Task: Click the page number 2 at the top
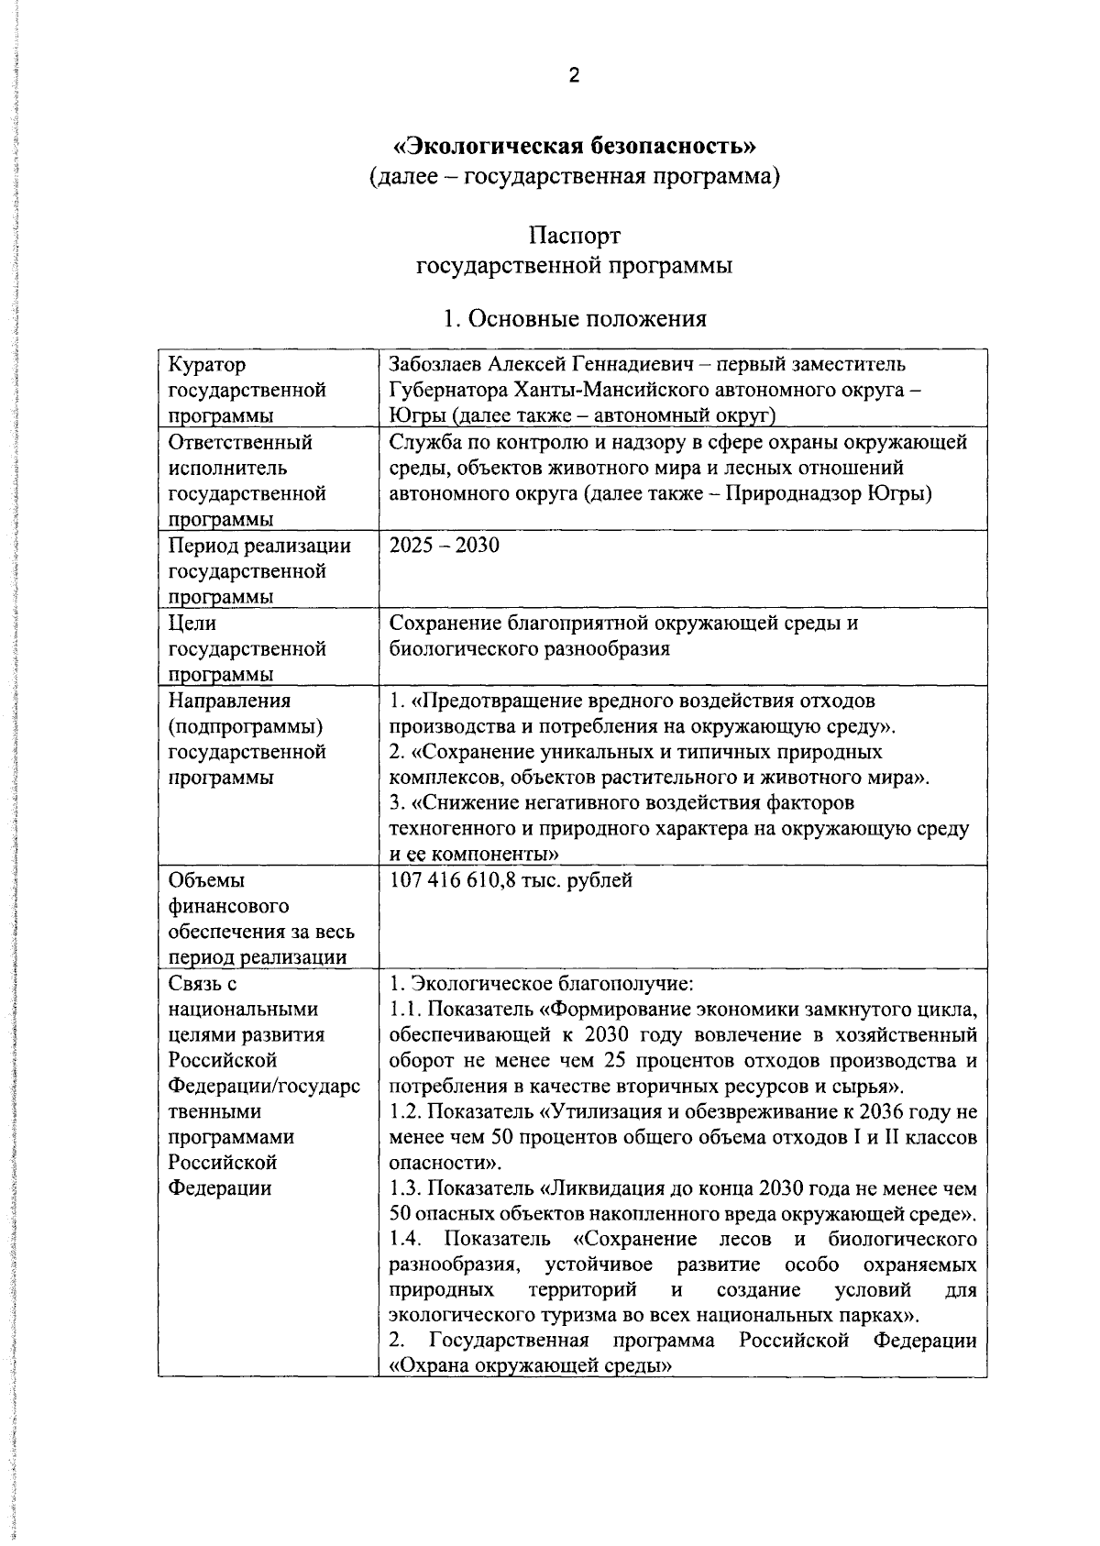tap(574, 76)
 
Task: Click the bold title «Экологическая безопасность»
tap(575, 146)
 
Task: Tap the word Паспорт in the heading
tap(575, 237)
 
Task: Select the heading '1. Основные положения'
tap(575, 318)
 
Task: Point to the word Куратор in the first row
tap(207, 365)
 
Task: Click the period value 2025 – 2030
tap(445, 546)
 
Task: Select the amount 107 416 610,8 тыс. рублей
tap(511, 881)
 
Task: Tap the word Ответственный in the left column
tap(240, 443)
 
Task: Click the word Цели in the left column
tap(192, 624)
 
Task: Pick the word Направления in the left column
tap(230, 701)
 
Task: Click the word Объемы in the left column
tap(207, 881)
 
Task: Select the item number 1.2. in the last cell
tap(404, 1113)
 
